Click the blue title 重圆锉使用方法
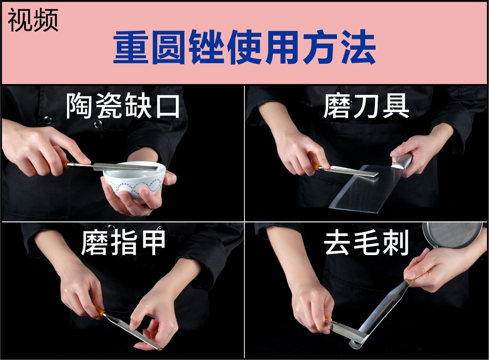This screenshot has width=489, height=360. click(244, 47)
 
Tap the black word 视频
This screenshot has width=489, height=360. click(33, 20)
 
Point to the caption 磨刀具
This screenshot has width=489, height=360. click(366, 106)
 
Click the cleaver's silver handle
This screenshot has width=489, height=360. click(402, 161)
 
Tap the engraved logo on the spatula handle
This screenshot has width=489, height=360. click(395, 298)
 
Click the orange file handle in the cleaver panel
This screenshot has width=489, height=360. click(316, 167)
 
